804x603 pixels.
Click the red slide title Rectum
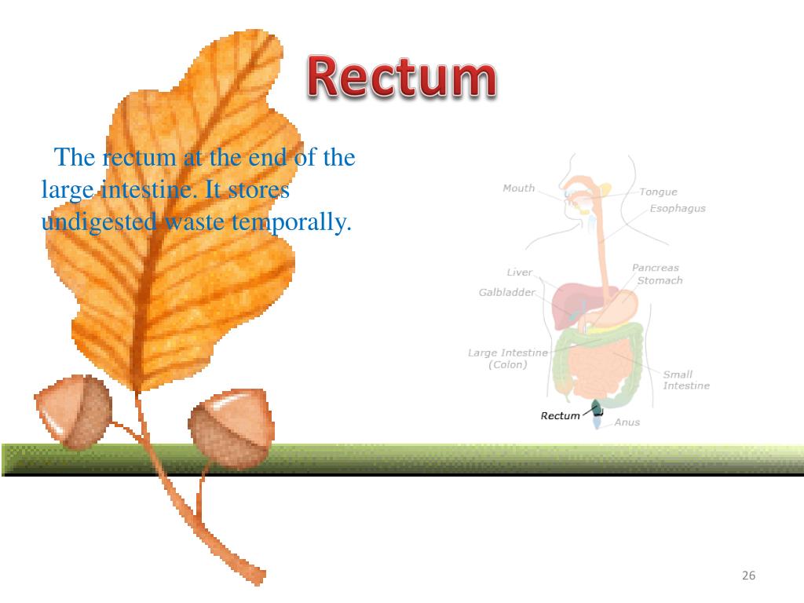(401, 78)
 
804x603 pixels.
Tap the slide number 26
(748, 576)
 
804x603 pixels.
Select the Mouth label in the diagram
(518, 188)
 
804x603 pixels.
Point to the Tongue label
(658, 192)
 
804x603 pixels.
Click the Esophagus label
(678, 209)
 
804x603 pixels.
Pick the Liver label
(519, 272)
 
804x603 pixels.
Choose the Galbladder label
(506, 292)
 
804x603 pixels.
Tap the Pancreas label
(655, 268)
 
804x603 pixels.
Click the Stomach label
(660, 280)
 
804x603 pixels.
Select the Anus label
(627, 422)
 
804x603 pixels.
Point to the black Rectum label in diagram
(560, 415)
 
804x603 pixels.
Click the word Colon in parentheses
(508, 364)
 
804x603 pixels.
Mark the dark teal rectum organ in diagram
(596, 407)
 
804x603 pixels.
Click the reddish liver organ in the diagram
(568, 306)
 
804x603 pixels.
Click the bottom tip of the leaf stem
(259, 579)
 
